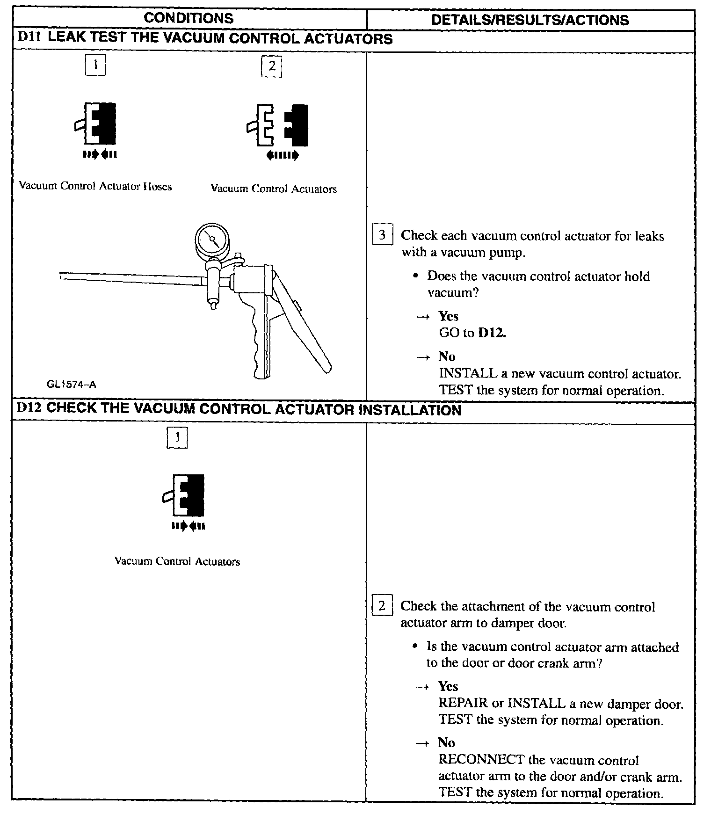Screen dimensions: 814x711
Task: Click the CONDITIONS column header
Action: [x=189, y=18]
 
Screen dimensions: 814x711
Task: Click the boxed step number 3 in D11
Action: [x=382, y=235]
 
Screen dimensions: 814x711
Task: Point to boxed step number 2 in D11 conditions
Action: [x=272, y=66]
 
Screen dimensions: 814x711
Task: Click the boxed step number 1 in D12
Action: [x=177, y=438]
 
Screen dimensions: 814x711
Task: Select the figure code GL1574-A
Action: [x=71, y=385]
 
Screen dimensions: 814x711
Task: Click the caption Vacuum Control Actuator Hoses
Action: [x=95, y=187]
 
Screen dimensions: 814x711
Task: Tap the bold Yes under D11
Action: [x=448, y=317]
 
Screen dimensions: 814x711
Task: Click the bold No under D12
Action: [x=446, y=743]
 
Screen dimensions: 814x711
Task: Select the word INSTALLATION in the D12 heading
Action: [x=409, y=410]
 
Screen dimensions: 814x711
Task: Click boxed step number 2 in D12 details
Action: [x=382, y=606]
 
